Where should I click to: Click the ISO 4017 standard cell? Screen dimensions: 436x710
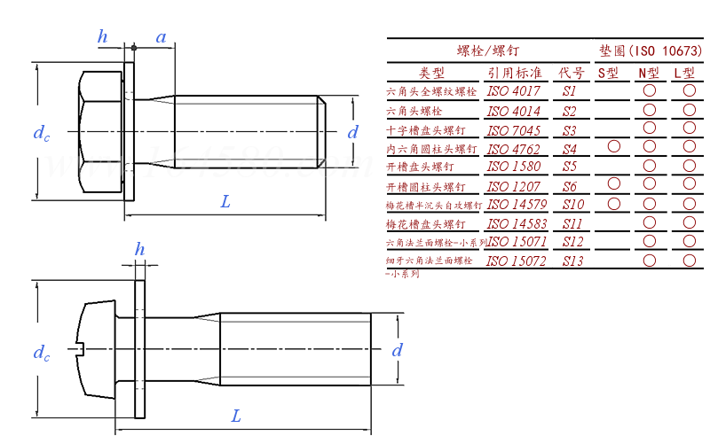click(514, 91)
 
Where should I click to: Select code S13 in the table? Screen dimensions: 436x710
click(572, 261)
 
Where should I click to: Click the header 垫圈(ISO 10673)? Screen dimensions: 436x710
click(650, 51)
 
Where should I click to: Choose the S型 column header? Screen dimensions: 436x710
click(609, 73)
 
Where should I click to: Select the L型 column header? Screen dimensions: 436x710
click(684, 73)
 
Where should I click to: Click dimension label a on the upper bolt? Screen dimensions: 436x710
click(161, 37)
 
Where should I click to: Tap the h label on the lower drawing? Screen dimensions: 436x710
click(139, 250)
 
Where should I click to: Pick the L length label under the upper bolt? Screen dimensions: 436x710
click(225, 202)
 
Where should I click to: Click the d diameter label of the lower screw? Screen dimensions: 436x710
click(398, 350)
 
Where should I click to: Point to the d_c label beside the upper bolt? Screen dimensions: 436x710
click(41, 134)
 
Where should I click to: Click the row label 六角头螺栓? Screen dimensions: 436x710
click(414, 111)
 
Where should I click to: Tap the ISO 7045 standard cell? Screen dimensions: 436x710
click(514, 129)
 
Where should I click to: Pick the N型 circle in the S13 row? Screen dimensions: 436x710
click(650, 261)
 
